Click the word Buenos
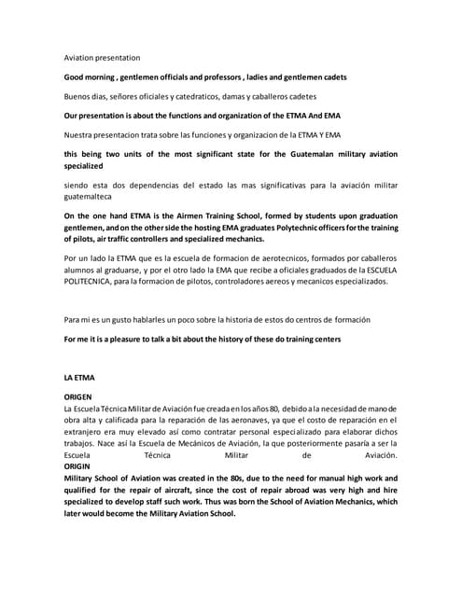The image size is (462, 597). point(79,97)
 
